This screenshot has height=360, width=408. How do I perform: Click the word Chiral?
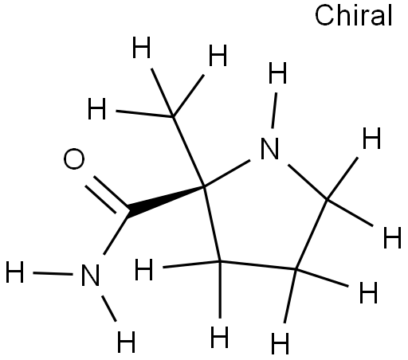coord(353,15)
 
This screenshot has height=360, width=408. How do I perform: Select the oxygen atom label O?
coord(74,158)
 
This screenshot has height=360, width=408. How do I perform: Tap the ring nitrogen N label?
coord(270,148)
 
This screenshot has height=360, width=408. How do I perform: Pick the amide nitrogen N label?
coord(90,275)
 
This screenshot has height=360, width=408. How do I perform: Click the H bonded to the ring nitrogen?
coord(277,72)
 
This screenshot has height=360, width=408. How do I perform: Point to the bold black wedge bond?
coord(166,200)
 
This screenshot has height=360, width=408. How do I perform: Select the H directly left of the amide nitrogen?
coord(15,272)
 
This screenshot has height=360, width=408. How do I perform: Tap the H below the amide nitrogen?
coord(126,342)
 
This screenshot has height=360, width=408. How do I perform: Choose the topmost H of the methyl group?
coord(142,48)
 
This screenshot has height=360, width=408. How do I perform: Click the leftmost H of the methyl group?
coord(96,108)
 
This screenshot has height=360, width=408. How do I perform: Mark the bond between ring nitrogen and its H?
coord(274,111)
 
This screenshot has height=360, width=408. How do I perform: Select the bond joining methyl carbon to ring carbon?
coord(189,151)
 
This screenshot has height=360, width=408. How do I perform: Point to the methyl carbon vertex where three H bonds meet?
coord(173,116)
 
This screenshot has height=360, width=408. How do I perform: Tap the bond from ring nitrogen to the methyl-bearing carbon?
coord(227,174)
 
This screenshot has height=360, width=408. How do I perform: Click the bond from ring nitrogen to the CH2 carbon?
coord(308,182)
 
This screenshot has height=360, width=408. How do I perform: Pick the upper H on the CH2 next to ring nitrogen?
coord(371,138)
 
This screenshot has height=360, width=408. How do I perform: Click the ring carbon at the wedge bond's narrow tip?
coord(204,187)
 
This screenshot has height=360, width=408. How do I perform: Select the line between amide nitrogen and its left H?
coord(53,273)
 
